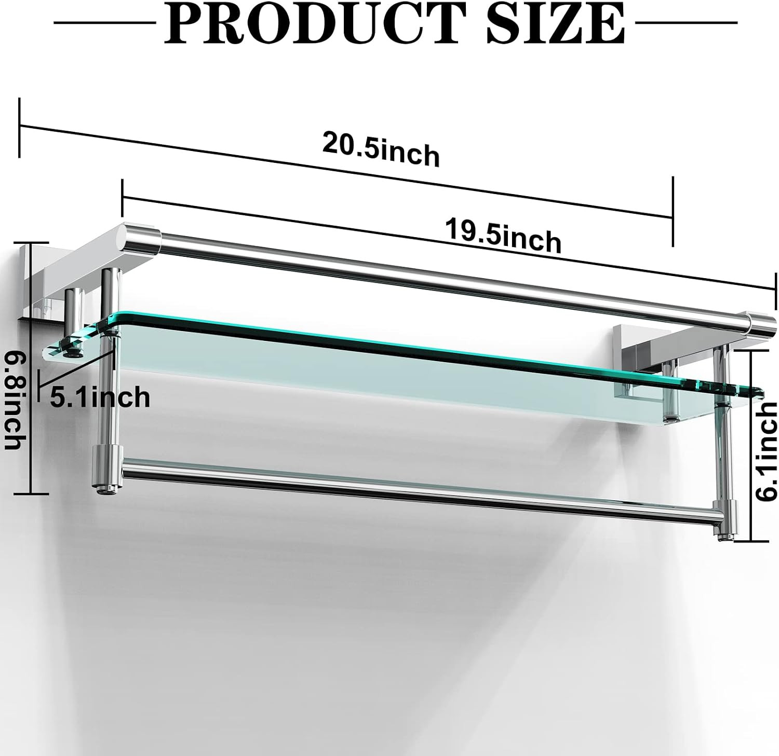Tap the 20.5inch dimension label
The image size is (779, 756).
(381, 149)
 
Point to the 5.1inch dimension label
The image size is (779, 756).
(100, 397)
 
